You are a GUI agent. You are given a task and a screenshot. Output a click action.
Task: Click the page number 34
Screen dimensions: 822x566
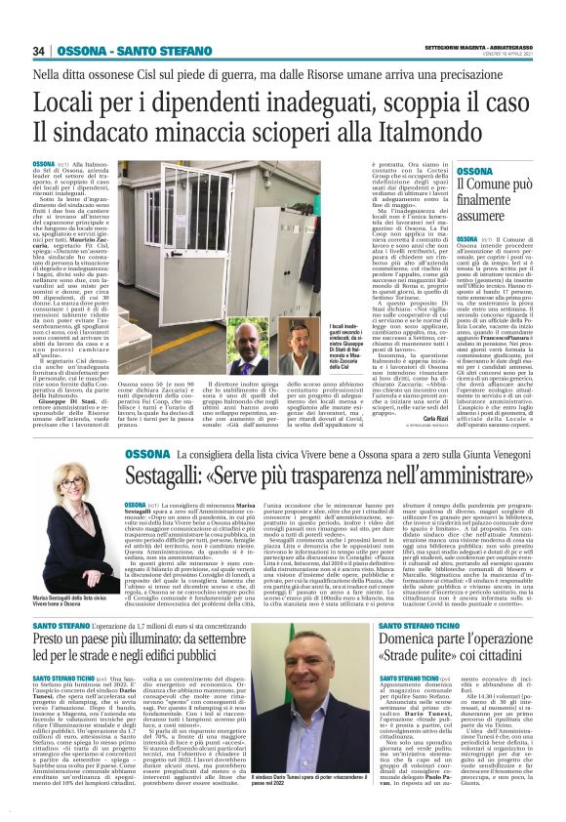(39, 51)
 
